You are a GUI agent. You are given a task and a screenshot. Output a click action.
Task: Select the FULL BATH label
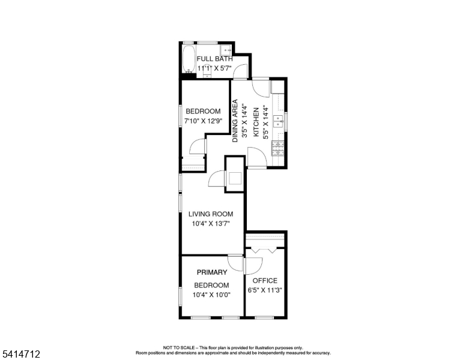coord(214,59)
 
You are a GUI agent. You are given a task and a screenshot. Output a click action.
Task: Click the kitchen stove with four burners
coord(278,148)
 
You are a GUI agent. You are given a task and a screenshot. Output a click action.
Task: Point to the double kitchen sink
coord(278,122)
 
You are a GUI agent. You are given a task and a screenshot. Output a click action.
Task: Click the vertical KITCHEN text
coord(255,122)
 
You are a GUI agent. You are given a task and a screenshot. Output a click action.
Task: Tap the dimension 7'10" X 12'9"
coord(202,122)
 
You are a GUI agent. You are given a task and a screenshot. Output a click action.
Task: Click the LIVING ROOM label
coord(210,214)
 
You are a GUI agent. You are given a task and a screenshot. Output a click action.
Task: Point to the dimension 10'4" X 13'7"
coord(210,224)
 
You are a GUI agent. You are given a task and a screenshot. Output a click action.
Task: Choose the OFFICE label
coord(265,281)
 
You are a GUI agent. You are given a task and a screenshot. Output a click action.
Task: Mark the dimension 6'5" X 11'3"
coord(265,290)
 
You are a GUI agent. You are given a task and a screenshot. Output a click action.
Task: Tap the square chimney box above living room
coord(235,178)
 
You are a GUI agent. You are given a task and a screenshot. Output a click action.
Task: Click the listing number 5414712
coord(21,355)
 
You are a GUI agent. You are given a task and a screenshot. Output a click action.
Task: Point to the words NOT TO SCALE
coord(178,347)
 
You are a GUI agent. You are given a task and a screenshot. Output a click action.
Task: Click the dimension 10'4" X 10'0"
coord(210,295)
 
